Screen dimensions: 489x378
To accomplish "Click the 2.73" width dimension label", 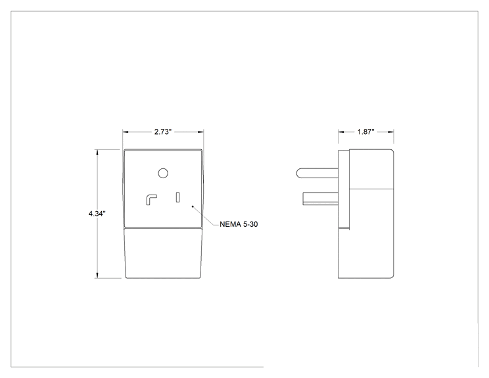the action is click(163, 132).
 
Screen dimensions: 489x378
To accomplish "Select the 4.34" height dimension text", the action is click(97, 214).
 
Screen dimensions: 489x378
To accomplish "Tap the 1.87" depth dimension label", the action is click(366, 132).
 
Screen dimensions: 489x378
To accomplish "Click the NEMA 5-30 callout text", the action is click(239, 224).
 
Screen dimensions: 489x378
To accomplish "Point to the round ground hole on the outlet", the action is click(163, 173).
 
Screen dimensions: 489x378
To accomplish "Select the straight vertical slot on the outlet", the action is click(177, 197).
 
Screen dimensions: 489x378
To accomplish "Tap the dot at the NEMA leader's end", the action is click(193, 206).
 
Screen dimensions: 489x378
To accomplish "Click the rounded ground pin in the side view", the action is click(317, 173).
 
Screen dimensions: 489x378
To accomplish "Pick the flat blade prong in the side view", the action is click(320, 199).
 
